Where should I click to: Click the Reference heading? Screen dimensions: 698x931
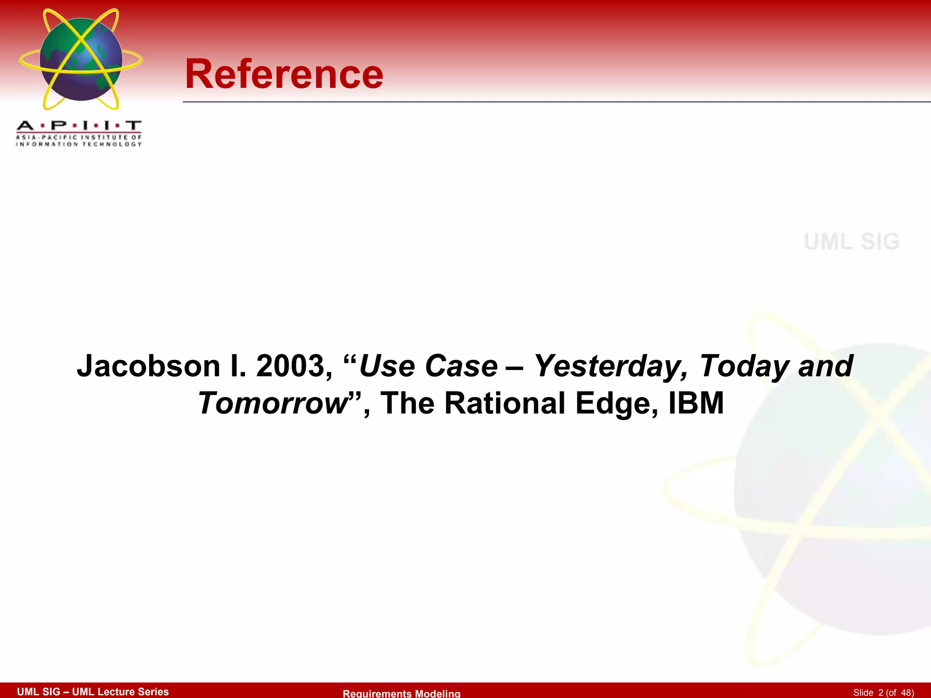pyautogui.click(x=284, y=74)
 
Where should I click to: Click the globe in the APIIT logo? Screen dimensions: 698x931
pyautogui.click(x=81, y=59)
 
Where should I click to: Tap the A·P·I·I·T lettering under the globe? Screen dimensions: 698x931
pyautogui.click(x=79, y=125)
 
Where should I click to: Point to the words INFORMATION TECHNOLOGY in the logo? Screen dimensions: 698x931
pyautogui.click(x=79, y=145)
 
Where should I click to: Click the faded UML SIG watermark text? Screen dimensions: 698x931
pyautogui.click(x=851, y=242)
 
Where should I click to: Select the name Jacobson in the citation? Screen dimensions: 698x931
pyautogui.click(x=148, y=366)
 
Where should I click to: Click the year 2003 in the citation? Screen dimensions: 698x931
pyautogui.click(x=290, y=366)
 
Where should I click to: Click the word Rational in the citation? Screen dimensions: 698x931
pyautogui.click(x=505, y=403)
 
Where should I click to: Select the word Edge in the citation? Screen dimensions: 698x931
pyautogui.click(x=616, y=403)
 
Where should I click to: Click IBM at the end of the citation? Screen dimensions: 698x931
pyautogui.click(x=696, y=403)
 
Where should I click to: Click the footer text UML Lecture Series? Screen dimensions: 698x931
pyautogui.click(x=120, y=692)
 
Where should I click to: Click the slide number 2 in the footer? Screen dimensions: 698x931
pyautogui.click(x=881, y=693)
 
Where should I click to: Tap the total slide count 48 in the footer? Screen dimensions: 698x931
pyautogui.click(x=906, y=693)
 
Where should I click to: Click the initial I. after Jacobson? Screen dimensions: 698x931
pyautogui.click(x=238, y=366)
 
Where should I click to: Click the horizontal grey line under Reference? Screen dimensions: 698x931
pyautogui.click(x=546, y=102)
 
